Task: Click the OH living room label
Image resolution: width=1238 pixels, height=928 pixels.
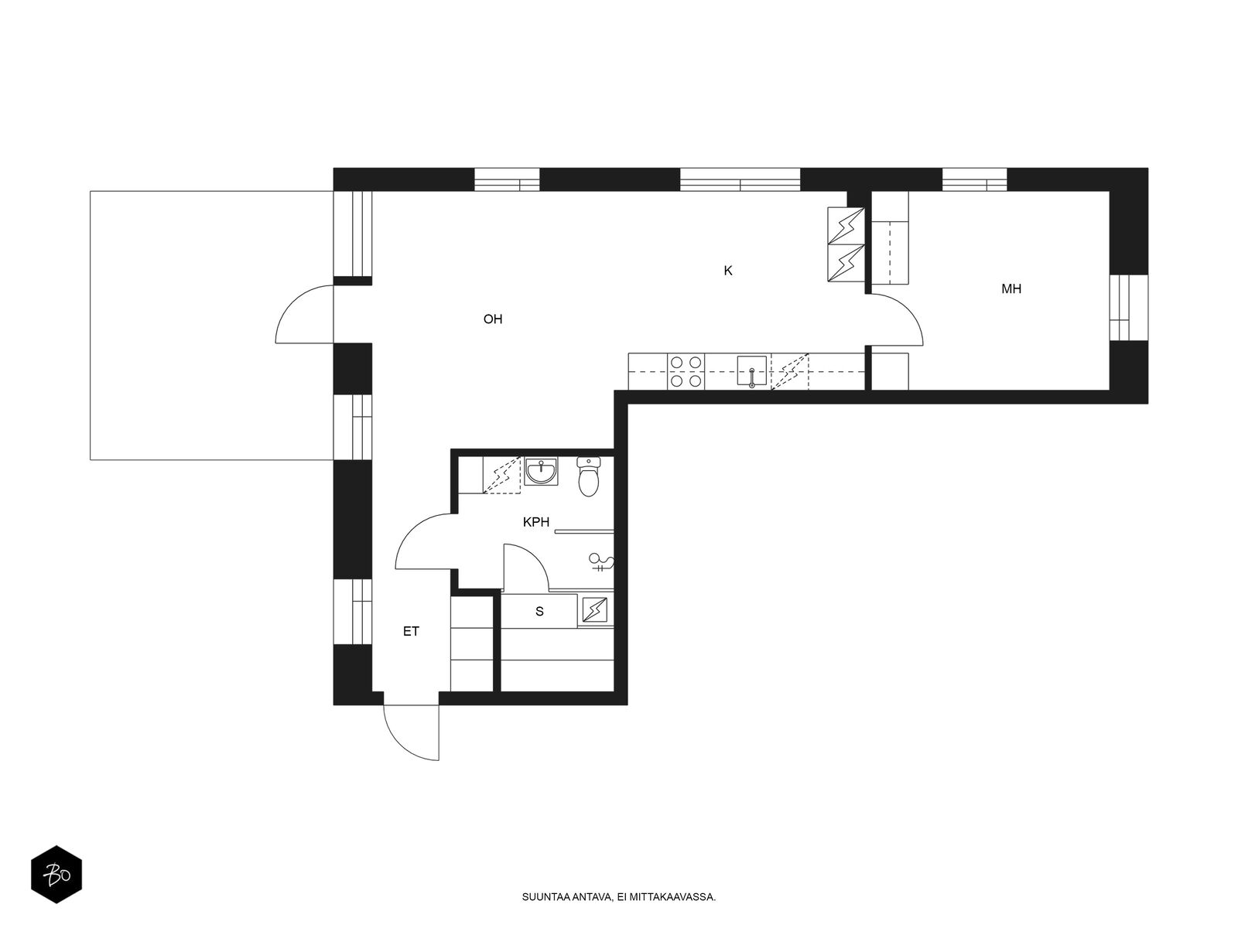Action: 492,319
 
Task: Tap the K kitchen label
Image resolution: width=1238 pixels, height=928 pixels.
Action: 727,271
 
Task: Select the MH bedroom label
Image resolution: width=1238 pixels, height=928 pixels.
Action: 1011,289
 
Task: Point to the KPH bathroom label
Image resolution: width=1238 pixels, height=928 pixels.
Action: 535,522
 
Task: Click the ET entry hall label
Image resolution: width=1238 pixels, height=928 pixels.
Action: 411,632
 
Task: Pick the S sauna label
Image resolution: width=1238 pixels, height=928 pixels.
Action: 539,612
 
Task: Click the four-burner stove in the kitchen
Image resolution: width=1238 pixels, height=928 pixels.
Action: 686,372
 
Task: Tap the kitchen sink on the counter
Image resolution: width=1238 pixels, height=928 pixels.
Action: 752,370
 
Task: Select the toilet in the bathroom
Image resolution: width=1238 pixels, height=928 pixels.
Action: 589,476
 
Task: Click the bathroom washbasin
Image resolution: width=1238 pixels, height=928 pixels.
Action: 541,471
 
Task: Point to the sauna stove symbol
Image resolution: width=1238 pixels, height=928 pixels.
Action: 595,609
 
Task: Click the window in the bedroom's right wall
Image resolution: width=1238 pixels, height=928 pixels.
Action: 1129,308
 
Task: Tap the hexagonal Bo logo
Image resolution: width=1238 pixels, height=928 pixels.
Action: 56,875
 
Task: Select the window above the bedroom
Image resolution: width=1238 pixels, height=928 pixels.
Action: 975,179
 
